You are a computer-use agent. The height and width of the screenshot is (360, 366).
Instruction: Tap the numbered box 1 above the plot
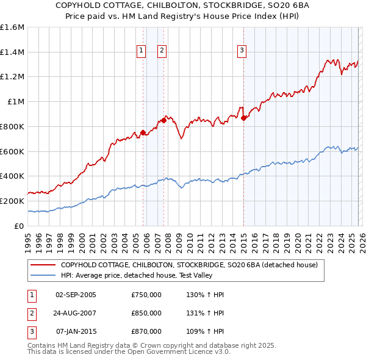[x=142, y=51]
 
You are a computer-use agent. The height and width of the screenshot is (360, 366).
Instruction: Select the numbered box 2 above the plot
[x=162, y=51]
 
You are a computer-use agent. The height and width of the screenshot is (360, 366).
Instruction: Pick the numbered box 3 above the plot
[x=242, y=51]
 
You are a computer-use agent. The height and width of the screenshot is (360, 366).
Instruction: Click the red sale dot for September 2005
[x=143, y=132]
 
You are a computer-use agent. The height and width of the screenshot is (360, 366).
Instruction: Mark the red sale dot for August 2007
[x=163, y=120]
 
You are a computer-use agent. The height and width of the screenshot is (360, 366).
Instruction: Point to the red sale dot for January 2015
[x=243, y=118]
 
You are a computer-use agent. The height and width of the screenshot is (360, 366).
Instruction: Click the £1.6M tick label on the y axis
[x=12, y=27]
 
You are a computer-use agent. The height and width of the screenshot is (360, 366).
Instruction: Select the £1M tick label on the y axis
[x=16, y=102]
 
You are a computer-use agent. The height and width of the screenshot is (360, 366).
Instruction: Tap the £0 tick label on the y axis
[x=20, y=226]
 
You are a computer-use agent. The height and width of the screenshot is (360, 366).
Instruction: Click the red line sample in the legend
[x=43, y=265]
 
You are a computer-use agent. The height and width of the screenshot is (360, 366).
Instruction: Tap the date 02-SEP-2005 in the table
[x=76, y=295]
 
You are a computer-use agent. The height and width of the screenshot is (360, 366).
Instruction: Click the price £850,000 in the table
[x=146, y=313]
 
